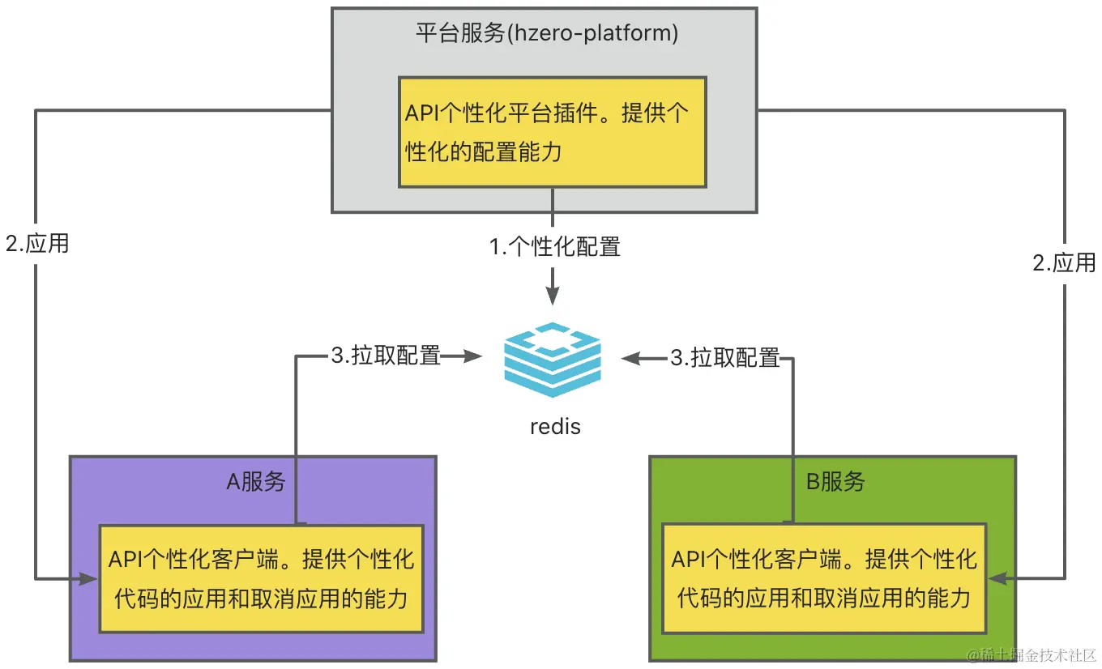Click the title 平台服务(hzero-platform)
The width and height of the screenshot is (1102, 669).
click(x=547, y=33)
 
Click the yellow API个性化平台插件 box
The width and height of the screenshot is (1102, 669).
click(x=553, y=132)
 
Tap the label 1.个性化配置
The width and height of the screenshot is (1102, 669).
click(x=554, y=247)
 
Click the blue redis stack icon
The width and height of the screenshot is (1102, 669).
click(x=553, y=360)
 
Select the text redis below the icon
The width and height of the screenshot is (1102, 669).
click(x=555, y=427)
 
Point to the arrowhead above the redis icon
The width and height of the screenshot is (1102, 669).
click(x=553, y=296)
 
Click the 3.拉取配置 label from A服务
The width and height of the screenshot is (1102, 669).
click(x=386, y=356)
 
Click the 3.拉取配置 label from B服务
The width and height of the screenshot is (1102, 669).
click(x=725, y=358)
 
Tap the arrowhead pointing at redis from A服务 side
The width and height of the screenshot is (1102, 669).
click(x=472, y=356)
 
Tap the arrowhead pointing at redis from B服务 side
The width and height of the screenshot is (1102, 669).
click(x=630, y=359)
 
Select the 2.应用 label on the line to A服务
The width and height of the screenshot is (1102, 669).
click(x=37, y=244)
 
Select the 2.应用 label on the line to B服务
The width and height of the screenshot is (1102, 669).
click(x=1064, y=262)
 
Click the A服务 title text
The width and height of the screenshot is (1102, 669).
click(x=256, y=482)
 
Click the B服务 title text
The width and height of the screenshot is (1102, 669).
click(x=835, y=482)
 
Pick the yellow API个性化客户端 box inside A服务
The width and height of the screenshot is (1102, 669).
click(x=261, y=578)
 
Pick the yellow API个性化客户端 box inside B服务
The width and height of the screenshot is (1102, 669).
click(x=824, y=578)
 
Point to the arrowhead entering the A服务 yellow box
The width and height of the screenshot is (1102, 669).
click(x=88, y=579)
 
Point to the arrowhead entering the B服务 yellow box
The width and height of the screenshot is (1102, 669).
click(x=997, y=578)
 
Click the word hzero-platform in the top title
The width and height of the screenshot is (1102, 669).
click(x=592, y=33)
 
